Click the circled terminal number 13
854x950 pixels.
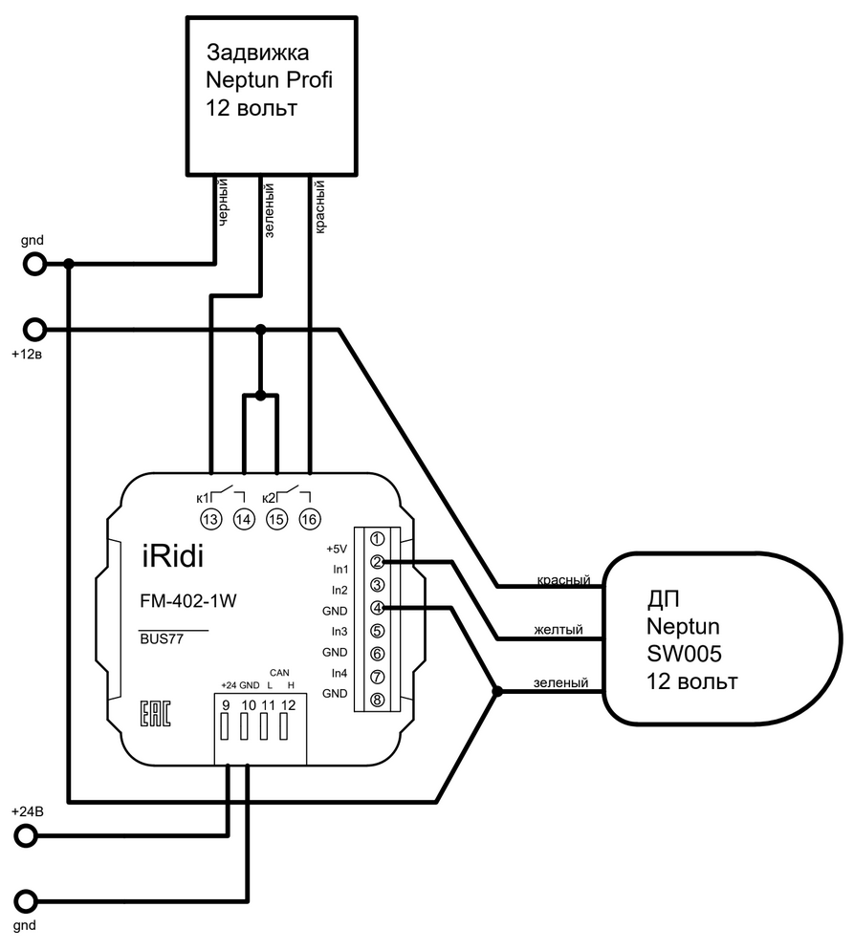coord(210,519)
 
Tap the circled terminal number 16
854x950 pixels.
coord(309,519)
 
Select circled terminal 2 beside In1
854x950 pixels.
coord(378,562)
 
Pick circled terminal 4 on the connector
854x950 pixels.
coord(378,608)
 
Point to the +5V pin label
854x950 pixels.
coord(335,550)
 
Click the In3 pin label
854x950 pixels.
coord(339,631)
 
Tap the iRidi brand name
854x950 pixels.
coord(172,555)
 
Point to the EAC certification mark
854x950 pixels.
coord(156,715)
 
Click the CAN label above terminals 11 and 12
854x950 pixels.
coord(279,671)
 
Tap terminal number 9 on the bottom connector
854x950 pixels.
coord(226,705)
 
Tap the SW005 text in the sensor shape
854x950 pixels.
coord(682,655)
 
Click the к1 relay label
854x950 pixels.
coord(203,497)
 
